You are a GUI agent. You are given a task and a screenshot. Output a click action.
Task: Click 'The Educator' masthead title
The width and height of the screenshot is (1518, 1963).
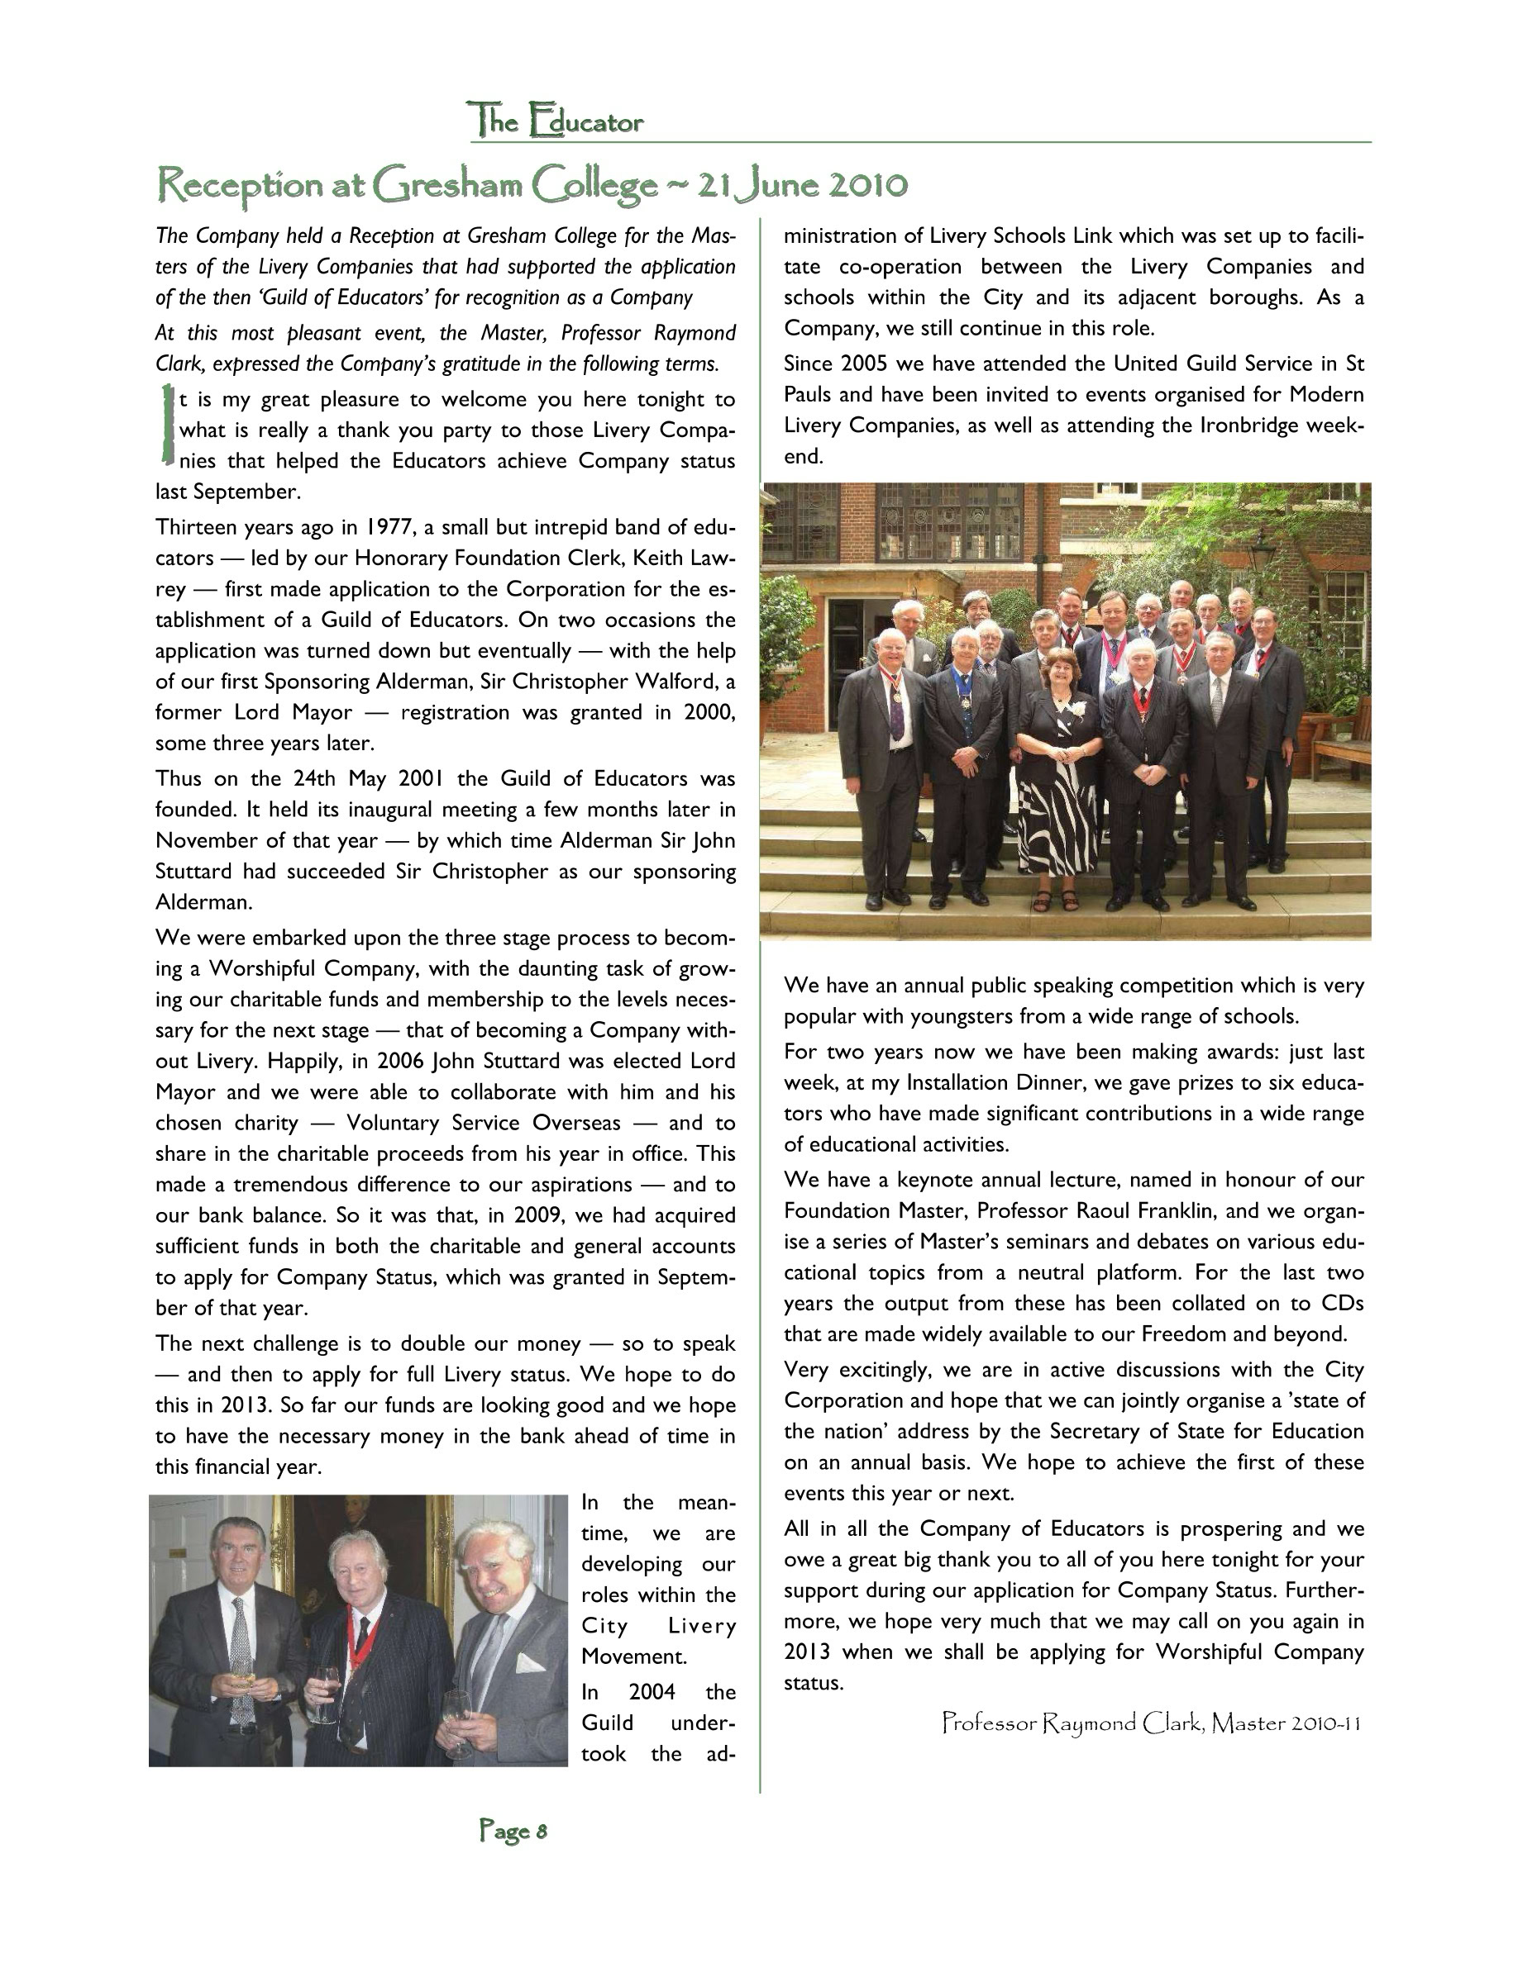click(555, 121)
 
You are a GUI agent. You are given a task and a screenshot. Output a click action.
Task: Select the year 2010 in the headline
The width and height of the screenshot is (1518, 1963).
click(866, 185)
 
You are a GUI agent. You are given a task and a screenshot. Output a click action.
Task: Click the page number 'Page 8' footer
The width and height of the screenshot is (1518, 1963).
click(513, 1831)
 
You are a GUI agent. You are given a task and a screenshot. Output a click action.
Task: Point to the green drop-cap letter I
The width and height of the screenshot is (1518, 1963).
click(166, 424)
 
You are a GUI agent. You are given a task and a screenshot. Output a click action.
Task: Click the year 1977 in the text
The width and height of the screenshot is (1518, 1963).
click(391, 527)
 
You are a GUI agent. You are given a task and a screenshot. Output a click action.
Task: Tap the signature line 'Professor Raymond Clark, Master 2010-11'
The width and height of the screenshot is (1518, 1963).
click(1151, 1724)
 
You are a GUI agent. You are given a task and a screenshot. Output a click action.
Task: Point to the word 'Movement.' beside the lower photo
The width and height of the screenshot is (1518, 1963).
click(633, 1656)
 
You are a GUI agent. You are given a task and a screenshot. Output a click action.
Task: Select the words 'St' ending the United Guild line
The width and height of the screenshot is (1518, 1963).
click(1353, 364)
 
